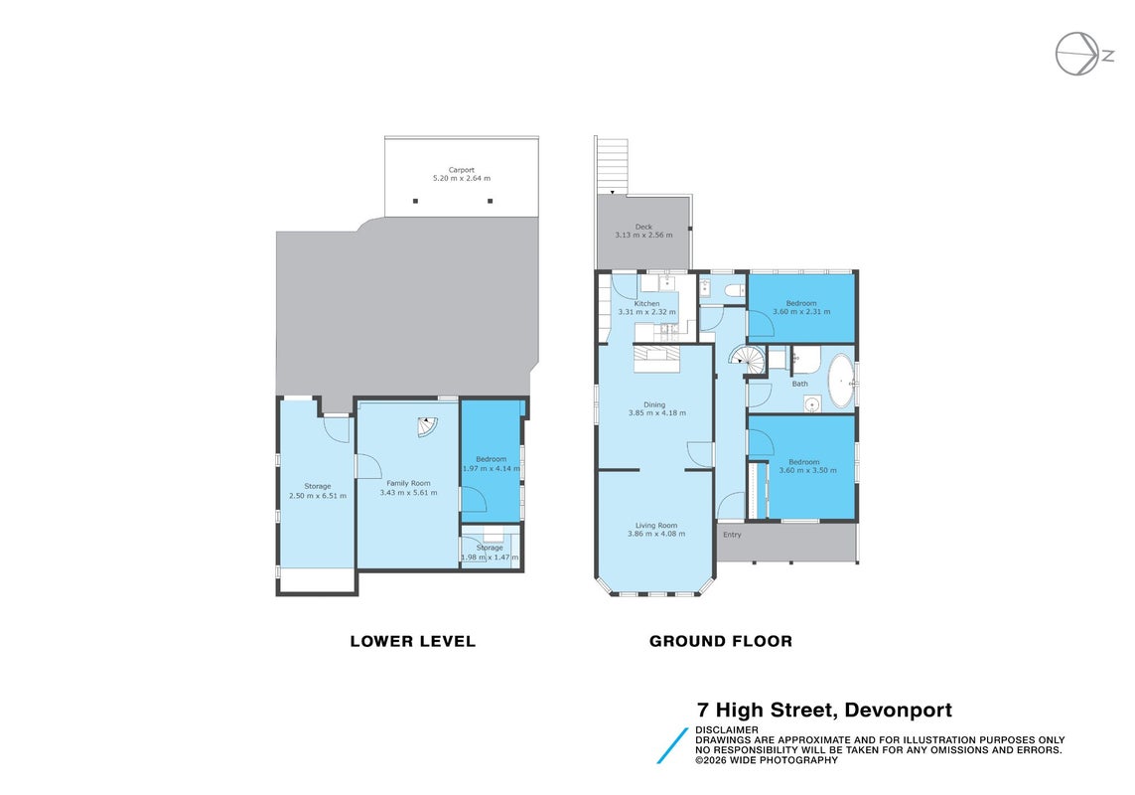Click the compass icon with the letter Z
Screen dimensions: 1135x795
click(1083, 55)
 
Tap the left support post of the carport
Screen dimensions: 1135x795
click(415, 201)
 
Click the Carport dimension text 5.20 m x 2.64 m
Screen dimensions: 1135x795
click(461, 178)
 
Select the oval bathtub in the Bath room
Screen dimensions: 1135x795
click(841, 381)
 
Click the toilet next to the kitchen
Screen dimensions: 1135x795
click(733, 291)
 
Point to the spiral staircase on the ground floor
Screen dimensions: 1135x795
click(747, 360)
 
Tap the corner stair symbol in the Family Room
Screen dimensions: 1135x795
click(427, 427)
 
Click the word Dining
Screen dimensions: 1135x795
click(654, 405)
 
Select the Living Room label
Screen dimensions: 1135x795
click(656, 526)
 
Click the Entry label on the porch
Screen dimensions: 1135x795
click(732, 535)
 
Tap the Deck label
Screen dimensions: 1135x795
click(643, 227)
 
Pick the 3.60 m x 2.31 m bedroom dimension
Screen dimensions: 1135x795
click(801, 312)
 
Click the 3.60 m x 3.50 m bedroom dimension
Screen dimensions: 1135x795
click(807, 470)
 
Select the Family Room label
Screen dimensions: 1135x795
click(408, 483)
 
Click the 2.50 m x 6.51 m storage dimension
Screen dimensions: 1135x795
click(317, 496)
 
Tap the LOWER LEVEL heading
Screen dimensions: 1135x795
click(413, 641)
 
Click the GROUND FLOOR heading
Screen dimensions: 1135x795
click(720, 641)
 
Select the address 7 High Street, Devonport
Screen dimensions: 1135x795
click(824, 710)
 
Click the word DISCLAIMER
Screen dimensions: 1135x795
click(727, 729)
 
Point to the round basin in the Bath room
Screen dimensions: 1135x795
click(812, 403)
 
